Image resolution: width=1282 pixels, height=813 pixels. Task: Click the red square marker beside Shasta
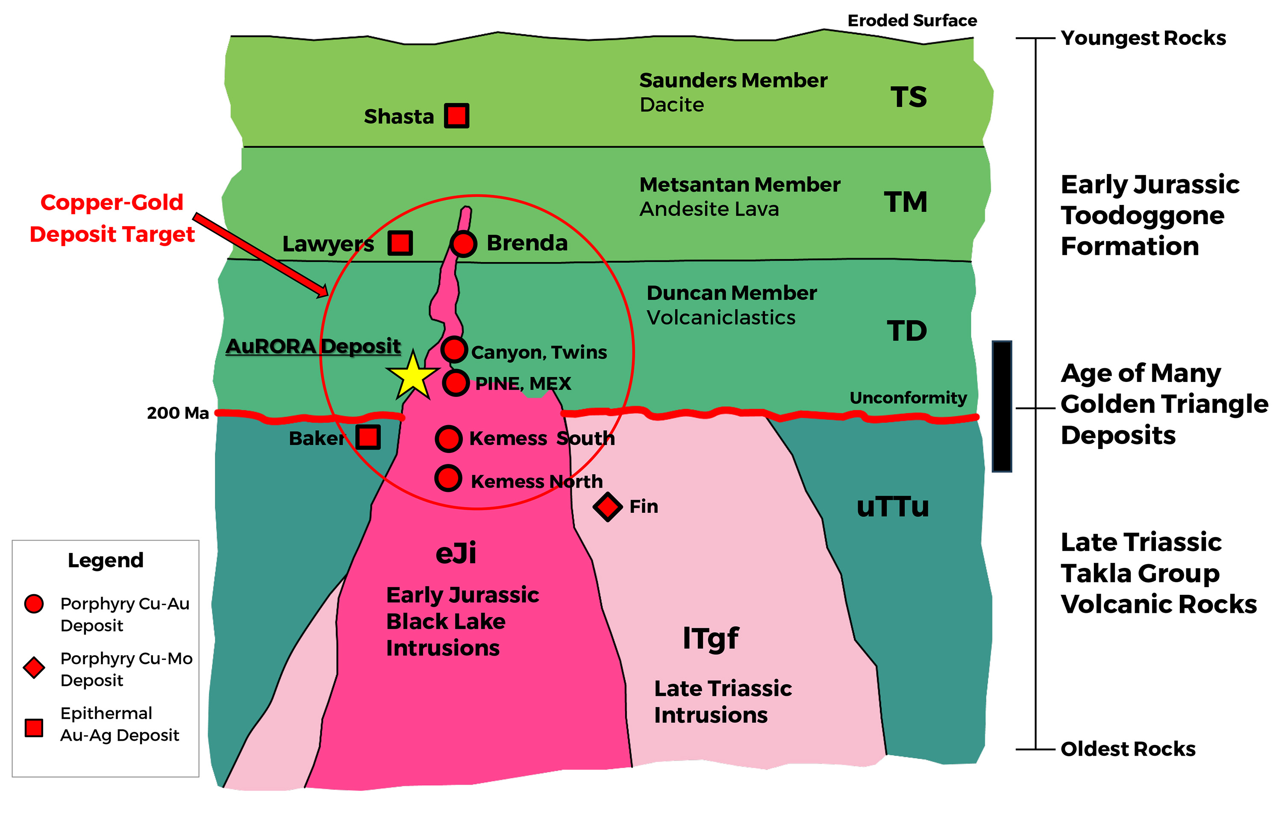pyautogui.click(x=457, y=115)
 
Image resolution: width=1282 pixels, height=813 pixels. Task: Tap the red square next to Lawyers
pyautogui.click(x=400, y=243)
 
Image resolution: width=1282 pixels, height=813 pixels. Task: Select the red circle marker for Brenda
pyautogui.click(x=463, y=244)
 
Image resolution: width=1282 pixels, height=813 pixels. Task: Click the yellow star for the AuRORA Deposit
pyautogui.click(x=413, y=376)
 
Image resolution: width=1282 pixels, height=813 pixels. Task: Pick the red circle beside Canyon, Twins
pyautogui.click(x=454, y=350)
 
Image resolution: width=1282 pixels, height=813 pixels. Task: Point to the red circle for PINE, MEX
pyautogui.click(x=456, y=382)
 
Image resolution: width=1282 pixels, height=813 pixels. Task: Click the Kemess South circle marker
pyautogui.click(x=449, y=438)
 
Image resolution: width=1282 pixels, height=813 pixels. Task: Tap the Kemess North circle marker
pyautogui.click(x=448, y=478)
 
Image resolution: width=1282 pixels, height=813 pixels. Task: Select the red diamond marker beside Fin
pyautogui.click(x=608, y=507)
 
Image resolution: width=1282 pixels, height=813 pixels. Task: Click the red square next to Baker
pyautogui.click(x=368, y=438)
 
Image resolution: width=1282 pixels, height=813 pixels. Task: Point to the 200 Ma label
pyautogui.click(x=178, y=413)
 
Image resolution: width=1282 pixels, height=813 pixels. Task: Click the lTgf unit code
pyautogui.click(x=710, y=638)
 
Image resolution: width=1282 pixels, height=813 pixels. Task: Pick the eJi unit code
pyautogui.click(x=456, y=553)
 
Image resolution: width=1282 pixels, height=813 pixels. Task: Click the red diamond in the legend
pyautogui.click(x=34, y=668)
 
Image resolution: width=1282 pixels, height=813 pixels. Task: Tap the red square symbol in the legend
pyautogui.click(x=34, y=727)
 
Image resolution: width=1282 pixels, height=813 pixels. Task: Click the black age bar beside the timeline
pyautogui.click(x=1001, y=406)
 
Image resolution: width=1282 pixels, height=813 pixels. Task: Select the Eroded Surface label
pyautogui.click(x=912, y=21)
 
